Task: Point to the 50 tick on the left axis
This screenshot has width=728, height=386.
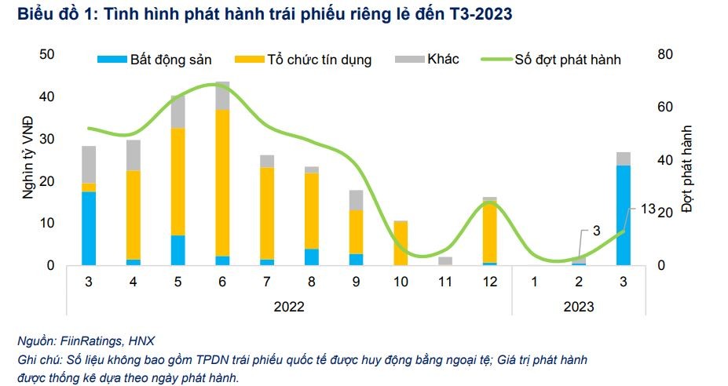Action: pyautogui.click(x=46, y=55)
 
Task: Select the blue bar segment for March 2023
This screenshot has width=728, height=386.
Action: pyautogui.click(x=624, y=215)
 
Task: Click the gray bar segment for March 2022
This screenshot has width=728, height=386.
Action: pyautogui.click(x=89, y=165)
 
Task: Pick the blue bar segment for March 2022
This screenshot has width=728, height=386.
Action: pyautogui.click(x=89, y=228)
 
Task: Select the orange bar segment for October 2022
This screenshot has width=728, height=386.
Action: pyautogui.click(x=401, y=243)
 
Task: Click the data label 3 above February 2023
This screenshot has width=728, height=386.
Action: pyautogui.click(x=595, y=231)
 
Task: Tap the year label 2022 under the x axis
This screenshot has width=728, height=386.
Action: pyautogui.click(x=288, y=307)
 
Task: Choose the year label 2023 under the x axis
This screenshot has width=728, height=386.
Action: pyautogui.click(x=579, y=307)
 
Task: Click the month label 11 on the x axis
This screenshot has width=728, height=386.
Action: pyautogui.click(x=445, y=281)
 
